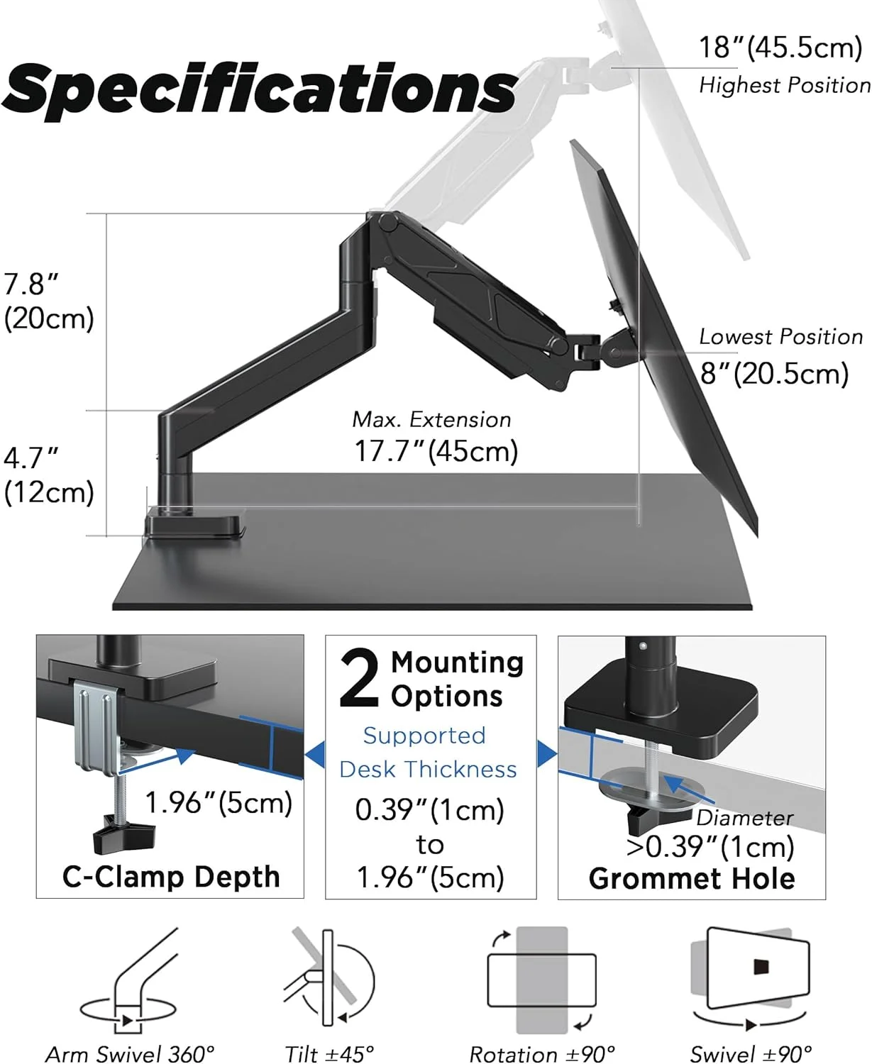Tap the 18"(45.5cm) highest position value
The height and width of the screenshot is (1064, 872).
pos(780,48)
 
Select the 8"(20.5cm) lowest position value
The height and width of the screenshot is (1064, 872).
pos(774,374)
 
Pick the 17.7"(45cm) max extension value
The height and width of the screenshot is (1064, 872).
pos(436,451)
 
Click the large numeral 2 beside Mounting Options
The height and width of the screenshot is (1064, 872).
pos(360,679)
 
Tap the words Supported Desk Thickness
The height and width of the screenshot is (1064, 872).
pos(428,753)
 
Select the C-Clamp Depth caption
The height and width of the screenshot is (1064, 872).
pos(171,877)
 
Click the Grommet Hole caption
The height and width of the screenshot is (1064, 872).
pos(692,879)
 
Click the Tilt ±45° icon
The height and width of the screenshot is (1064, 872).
pos(329,979)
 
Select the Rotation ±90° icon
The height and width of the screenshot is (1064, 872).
pos(541,980)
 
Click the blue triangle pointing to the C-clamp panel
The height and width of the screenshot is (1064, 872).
pos(316,754)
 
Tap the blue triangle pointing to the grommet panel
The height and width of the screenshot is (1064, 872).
pos(546,754)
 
